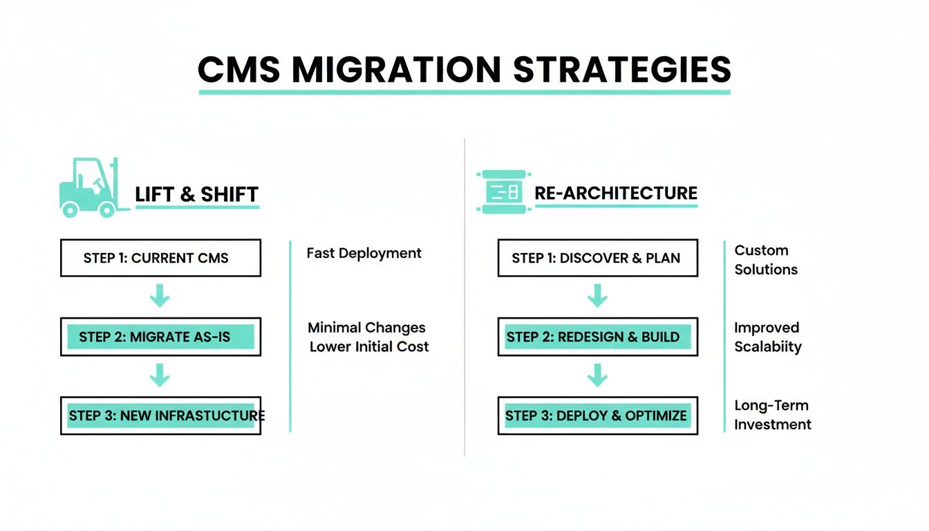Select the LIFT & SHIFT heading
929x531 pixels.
196,194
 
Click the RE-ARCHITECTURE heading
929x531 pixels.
616,193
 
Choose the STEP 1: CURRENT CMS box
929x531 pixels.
160,258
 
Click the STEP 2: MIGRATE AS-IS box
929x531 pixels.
160,337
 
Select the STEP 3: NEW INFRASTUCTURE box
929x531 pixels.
160,416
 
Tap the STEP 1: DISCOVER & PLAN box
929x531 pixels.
597,258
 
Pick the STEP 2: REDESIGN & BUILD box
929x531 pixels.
597,337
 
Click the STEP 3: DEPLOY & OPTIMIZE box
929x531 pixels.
597,416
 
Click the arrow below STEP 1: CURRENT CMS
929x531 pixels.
160,297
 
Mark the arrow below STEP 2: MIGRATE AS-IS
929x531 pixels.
160,375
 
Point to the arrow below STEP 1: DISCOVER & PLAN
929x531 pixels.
597,297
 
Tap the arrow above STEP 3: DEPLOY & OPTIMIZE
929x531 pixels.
597,375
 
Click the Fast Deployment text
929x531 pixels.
364,253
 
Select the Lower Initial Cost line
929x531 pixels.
369,346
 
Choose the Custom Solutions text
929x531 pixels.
765,260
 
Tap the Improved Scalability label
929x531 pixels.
767,337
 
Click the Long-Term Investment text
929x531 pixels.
772,415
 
